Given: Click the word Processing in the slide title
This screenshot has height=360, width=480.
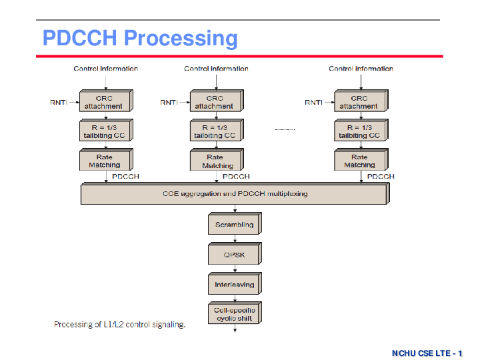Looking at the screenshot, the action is (x=181, y=39).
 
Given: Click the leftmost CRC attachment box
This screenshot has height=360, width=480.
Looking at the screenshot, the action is (x=106, y=101).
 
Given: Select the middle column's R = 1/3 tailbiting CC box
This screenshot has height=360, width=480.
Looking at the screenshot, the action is (x=217, y=130).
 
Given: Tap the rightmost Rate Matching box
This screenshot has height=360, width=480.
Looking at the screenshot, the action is (x=361, y=159).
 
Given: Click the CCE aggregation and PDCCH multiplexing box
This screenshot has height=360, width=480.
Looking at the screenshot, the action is (x=235, y=193).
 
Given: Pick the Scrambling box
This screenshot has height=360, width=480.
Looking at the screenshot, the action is (x=235, y=223).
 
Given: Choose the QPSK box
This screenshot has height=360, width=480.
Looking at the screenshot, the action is (x=235, y=253).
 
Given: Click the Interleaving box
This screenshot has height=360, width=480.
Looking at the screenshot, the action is (x=235, y=283).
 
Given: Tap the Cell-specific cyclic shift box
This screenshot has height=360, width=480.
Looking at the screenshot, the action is (x=235, y=313).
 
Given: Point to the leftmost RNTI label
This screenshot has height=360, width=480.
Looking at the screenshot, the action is (x=59, y=102).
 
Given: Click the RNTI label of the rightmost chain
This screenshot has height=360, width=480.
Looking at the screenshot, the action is (x=313, y=102).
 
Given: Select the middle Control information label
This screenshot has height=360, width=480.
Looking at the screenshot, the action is (x=216, y=69).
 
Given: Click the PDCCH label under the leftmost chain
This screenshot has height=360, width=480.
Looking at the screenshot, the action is (x=125, y=176).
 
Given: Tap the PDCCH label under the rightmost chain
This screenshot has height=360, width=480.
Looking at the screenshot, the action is (x=381, y=176).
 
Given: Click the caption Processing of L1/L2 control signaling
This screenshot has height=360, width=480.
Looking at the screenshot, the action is (x=120, y=325).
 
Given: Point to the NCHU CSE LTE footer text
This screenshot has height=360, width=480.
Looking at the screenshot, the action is (x=427, y=353).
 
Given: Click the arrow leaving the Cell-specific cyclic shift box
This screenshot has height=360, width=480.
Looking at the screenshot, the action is (x=235, y=328).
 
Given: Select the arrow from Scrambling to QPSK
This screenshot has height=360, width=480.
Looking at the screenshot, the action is (x=235, y=239).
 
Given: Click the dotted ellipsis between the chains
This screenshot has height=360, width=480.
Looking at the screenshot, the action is (x=285, y=129).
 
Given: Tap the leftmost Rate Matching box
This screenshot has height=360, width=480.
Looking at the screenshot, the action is (x=106, y=159).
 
